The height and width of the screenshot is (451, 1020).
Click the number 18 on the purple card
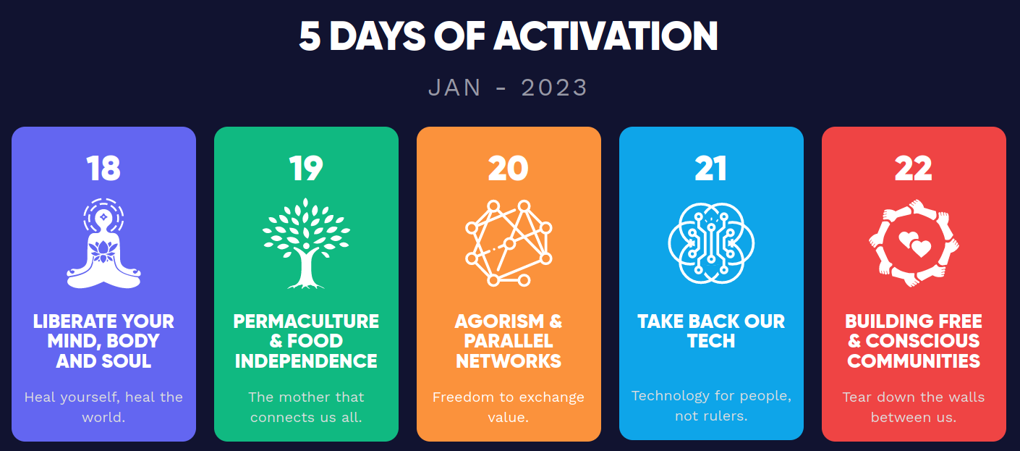(103, 169)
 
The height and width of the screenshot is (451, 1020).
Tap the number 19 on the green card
(306, 169)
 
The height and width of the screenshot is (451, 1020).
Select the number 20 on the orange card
(508, 169)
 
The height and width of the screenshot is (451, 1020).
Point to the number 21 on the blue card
(711, 169)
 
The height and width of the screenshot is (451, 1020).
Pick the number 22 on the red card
(914, 169)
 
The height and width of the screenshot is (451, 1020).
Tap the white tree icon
(306, 243)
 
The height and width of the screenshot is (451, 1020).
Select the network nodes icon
(508, 243)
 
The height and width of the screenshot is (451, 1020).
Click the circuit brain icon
(711, 243)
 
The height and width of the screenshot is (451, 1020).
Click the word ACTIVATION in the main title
(605, 36)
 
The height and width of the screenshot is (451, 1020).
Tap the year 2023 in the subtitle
(554, 88)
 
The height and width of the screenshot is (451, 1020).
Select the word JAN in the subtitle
(454, 88)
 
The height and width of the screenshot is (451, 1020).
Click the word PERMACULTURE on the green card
(306, 321)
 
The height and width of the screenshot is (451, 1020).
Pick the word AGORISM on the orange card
(499, 321)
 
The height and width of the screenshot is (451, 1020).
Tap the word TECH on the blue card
(711, 341)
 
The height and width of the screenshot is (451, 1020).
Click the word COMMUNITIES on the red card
(914, 361)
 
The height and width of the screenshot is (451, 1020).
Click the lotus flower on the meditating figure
(103, 251)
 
